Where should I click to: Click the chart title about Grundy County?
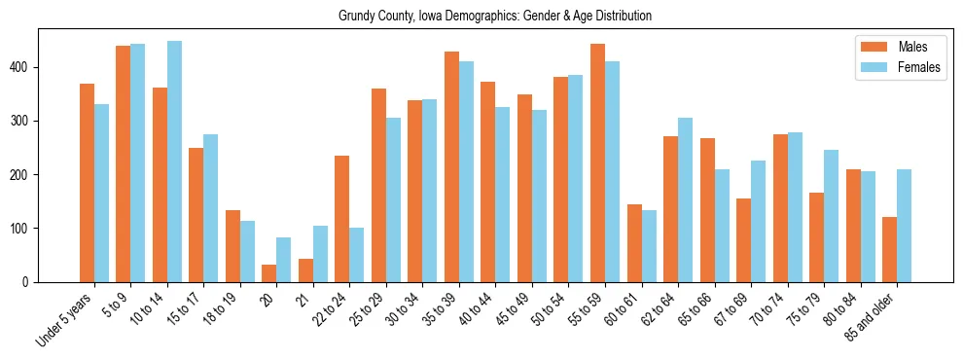(x=495, y=16)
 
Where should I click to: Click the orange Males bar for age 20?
(x=269, y=273)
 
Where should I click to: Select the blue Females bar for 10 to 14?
(x=174, y=162)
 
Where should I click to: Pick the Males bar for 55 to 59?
(x=597, y=162)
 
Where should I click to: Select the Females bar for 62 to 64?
(x=685, y=199)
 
